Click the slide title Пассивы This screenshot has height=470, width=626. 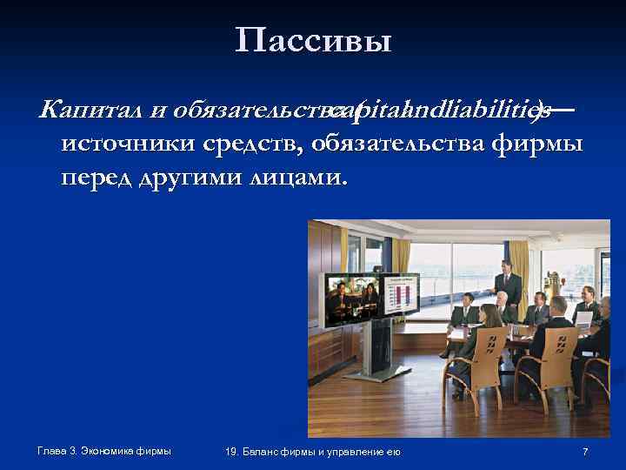pyautogui.click(x=313, y=40)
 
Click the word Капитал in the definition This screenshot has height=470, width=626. pyautogui.click(x=76, y=110)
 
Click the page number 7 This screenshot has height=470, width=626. pyautogui.click(x=585, y=451)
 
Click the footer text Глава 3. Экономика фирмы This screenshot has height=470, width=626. pyautogui.click(x=104, y=450)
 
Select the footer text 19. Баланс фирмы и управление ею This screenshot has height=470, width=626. pyautogui.click(x=312, y=451)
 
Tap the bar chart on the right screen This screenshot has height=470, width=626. pyautogui.click(x=401, y=294)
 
